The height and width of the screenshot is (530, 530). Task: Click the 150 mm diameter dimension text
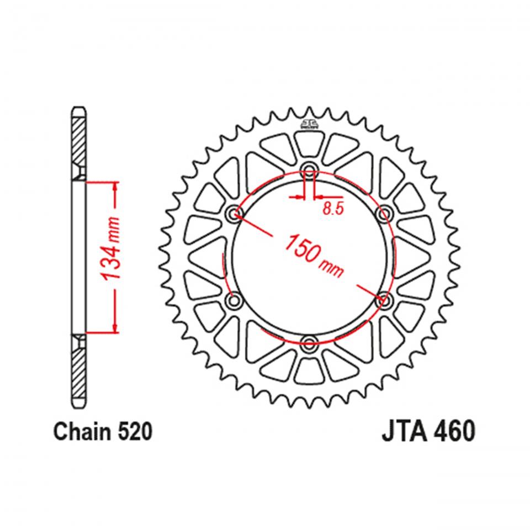point(313,255)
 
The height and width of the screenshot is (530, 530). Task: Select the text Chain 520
point(102,432)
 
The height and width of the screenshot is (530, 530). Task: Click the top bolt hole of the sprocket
point(309,169)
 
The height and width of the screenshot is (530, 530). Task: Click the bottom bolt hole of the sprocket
point(309,341)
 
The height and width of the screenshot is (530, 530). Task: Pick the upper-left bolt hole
point(235,213)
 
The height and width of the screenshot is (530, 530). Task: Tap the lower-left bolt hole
point(235,300)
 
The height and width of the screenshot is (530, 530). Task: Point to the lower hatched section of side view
point(79,370)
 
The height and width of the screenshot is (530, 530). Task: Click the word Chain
point(80,432)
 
